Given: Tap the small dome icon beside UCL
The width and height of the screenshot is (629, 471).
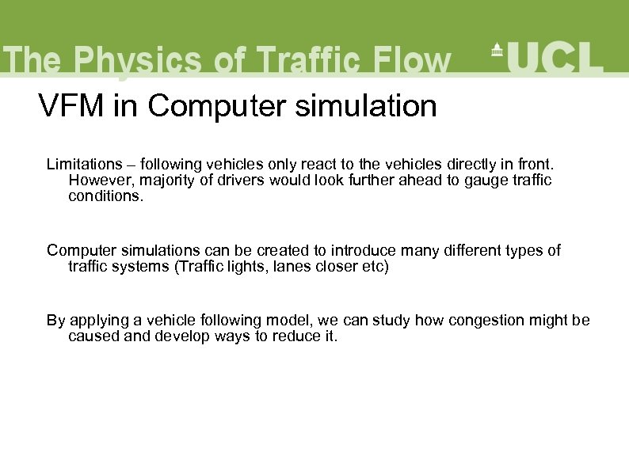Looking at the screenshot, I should coord(497,50).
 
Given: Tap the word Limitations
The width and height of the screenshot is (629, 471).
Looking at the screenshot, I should coord(84,165).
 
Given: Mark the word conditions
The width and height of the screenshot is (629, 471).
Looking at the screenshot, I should coord(106,195).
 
